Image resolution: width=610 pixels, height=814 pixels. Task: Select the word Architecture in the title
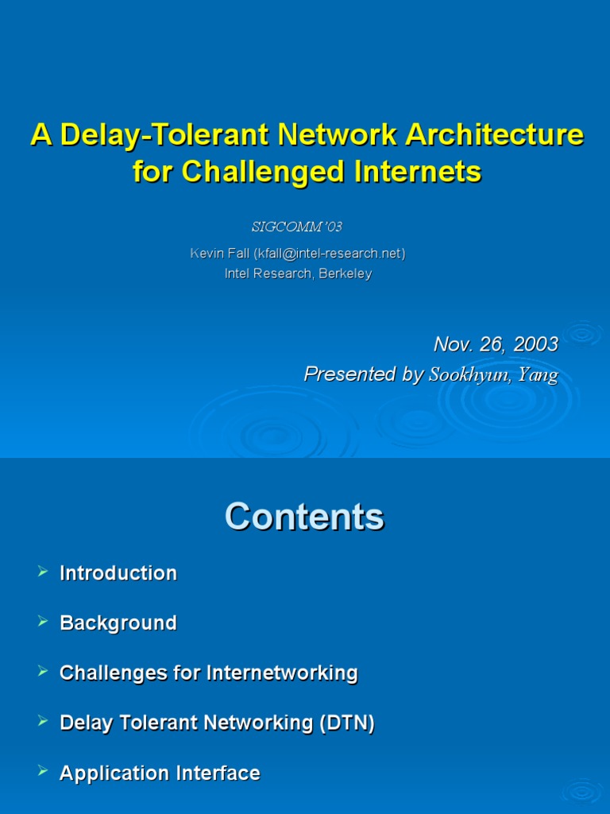tap(495, 135)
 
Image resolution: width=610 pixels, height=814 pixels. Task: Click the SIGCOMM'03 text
tap(296, 227)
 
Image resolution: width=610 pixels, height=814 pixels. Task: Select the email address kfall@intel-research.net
tap(329, 254)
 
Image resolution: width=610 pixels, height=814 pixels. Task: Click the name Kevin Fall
tap(219, 254)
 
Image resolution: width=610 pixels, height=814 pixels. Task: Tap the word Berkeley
tap(345, 273)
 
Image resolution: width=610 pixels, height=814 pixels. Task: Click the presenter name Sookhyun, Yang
tap(493, 375)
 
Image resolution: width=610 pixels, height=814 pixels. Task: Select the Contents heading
tap(304, 517)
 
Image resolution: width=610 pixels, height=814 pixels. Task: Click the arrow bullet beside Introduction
tap(43, 572)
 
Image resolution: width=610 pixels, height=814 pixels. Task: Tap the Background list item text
tap(118, 623)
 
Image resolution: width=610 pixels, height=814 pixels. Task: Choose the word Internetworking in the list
tap(282, 673)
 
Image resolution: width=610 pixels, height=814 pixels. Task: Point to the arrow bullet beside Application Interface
tap(43, 772)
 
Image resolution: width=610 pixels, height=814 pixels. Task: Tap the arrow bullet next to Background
tap(43, 622)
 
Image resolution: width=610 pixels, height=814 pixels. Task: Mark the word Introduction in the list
tap(118, 573)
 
